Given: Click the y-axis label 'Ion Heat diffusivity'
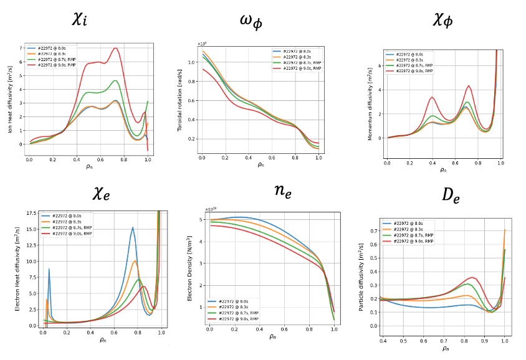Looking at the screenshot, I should (11, 97).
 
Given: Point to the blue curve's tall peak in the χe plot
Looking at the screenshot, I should (132, 227).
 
